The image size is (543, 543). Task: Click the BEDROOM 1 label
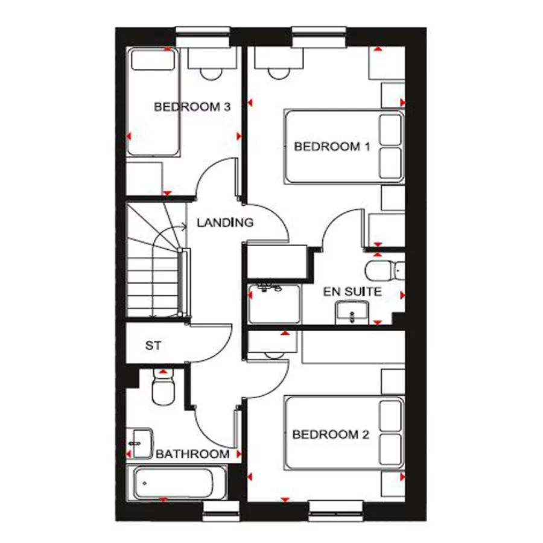pos(332,147)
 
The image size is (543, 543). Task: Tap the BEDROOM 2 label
pos(331,434)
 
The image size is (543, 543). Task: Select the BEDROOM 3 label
pos(192,107)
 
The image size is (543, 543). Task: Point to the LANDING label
pos(225,222)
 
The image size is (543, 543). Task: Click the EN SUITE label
pos(352,291)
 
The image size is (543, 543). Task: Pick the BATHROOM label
pos(192,454)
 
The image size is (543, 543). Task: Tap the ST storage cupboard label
pos(153,345)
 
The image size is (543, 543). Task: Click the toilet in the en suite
pos(385,270)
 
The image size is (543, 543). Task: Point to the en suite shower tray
pos(275,303)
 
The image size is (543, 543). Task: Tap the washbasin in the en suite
pos(352,313)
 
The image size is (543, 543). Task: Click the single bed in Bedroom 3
pos(153,101)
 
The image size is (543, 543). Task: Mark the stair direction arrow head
pos(183,227)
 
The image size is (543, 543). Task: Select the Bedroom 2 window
pos(335,511)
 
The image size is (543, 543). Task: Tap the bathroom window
pos(221,511)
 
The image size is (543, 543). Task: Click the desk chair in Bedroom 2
pos(275,355)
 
